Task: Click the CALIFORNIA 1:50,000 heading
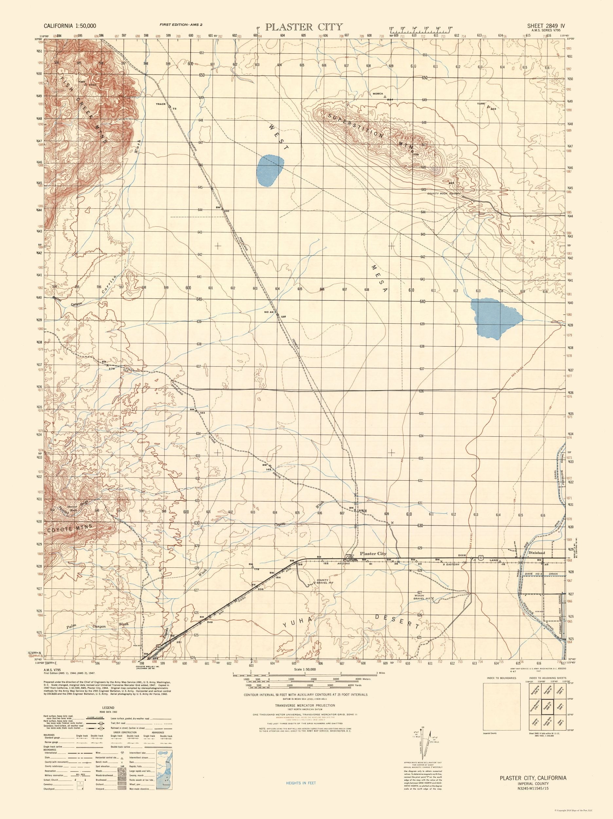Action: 70,26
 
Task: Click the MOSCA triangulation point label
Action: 377,94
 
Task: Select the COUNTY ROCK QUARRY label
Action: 443,194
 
